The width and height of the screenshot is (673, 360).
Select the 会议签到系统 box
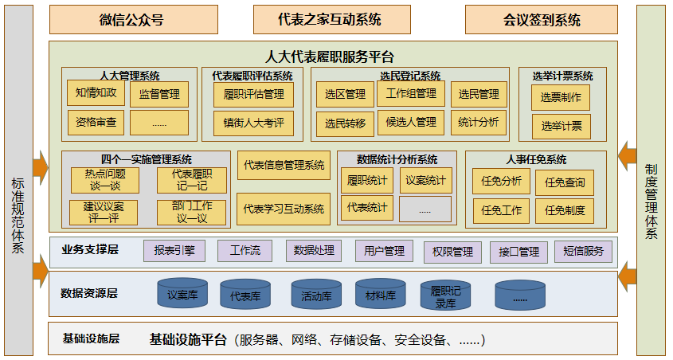542,20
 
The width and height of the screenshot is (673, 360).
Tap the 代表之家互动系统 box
329,20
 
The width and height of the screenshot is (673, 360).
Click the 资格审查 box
96,122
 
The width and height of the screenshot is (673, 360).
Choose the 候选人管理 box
411,122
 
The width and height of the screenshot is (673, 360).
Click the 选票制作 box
561,98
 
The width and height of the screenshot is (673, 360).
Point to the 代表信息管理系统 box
284,165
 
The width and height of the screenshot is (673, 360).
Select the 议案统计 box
425,180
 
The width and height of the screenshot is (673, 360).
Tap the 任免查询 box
565,182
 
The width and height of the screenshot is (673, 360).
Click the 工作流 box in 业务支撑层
245,251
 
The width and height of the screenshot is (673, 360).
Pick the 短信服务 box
583,252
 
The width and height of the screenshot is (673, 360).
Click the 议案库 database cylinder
182,294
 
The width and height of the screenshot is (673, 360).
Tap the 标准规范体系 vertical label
18,215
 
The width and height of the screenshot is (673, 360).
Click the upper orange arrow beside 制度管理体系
628,151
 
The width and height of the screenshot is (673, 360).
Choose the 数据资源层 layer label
89,293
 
